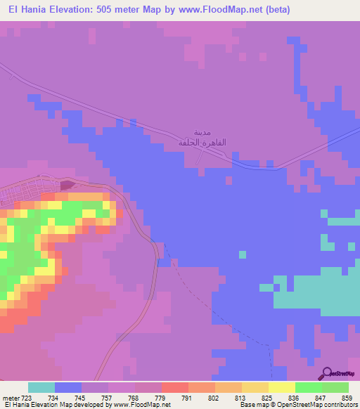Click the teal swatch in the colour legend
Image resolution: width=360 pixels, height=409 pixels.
pyautogui.click(x=41, y=387)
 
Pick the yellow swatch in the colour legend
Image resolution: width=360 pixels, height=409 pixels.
pyautogui.click(x=282, y=387)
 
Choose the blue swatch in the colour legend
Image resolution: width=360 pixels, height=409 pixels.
pyautogui.click(x=68, y=387)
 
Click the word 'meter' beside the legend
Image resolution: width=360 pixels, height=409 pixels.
pyautogui.click(x=11, y=398)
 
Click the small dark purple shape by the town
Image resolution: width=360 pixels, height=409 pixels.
pyautogui.click(x=66, y=186)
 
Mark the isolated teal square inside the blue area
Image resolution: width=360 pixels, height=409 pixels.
pyautogui.click(x=243, y=254)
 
